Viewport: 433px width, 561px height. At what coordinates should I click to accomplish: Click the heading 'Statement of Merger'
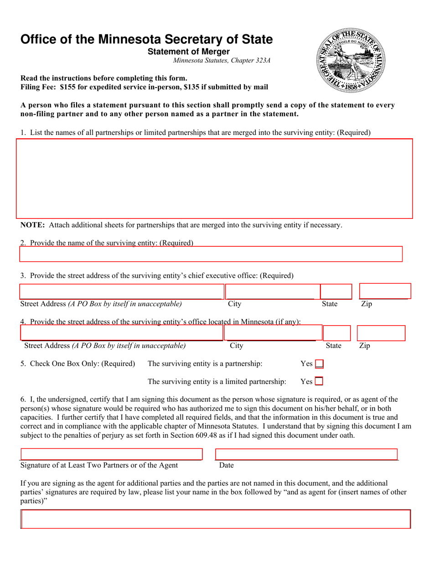(189, 52)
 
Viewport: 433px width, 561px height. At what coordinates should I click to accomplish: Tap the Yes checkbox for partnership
(320, 364)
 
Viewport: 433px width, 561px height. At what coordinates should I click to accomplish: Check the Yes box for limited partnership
(319, 381)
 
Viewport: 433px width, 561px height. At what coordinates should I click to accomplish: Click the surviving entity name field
(211, 254)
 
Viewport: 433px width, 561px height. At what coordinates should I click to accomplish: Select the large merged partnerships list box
(214, 178)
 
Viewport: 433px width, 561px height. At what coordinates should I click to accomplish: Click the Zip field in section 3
(385, 291)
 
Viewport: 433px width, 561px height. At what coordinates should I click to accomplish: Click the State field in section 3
(336, 291)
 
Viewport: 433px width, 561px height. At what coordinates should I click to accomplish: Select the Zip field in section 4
(381, 333)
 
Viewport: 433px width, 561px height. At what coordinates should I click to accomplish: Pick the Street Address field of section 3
(122, 291)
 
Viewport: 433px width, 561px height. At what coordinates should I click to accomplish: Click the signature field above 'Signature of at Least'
(111, 454)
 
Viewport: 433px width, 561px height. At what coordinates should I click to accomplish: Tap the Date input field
(306, 454)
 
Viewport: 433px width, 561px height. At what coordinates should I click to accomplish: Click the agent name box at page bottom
(216, 519)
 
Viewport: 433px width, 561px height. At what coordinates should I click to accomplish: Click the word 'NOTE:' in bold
(32, 225)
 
